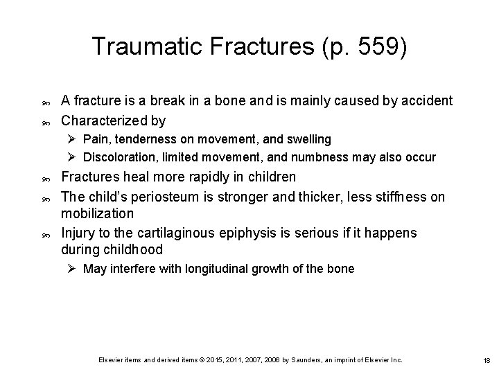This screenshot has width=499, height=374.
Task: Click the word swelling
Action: tap(307, 140)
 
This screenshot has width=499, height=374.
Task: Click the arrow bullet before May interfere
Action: tap(73, 269)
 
